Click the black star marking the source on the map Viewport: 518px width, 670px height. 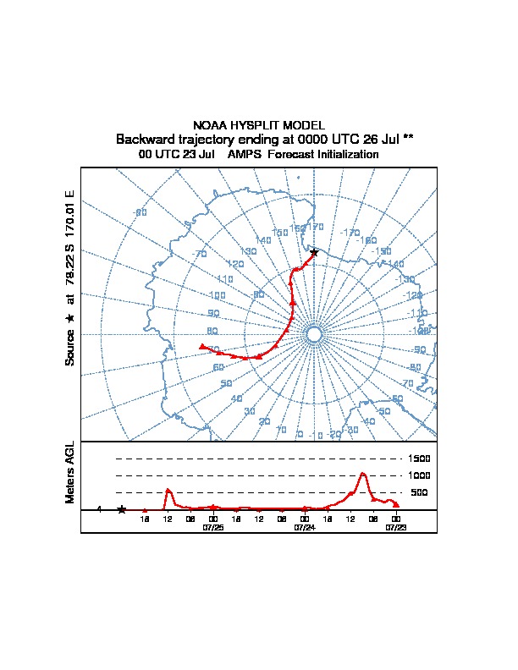[x=314, y=252]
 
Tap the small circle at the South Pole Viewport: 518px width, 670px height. [x=314, y=335]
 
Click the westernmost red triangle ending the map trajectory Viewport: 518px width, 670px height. [x=201, y=346]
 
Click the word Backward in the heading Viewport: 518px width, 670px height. [x=145, y=139]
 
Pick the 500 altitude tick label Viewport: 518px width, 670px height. [x=419, y=492]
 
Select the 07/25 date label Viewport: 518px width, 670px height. [x=212, y=526]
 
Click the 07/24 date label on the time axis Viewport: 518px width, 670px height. [x=304, y=526]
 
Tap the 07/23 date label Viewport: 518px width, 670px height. [x=395, y=526]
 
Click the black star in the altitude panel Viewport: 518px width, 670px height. [x=121, y=509]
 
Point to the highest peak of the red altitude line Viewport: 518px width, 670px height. [x=363, y=474]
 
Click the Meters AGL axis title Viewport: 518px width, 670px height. [x=70, y=472]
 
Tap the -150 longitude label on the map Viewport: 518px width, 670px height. [x=382, y=251]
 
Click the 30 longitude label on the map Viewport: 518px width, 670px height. [x=249, y=411]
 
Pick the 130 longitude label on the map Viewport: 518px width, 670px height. [x=248, y=252]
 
